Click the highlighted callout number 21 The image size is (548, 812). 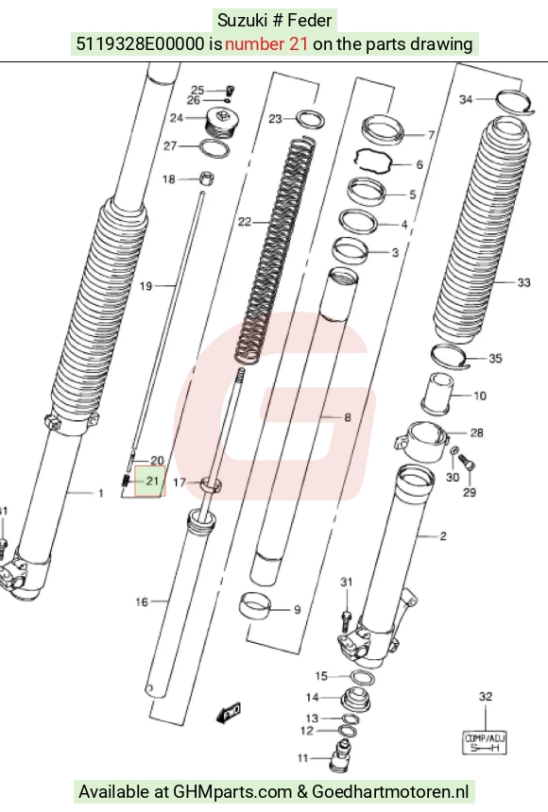click(x=152, y=481)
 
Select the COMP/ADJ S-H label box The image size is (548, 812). click(x=485, y=742)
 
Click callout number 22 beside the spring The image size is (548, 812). click(x=244, y=222)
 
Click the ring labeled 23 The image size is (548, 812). click(x=311, y=120)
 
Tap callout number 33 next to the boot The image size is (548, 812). click(x=523, y=282)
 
